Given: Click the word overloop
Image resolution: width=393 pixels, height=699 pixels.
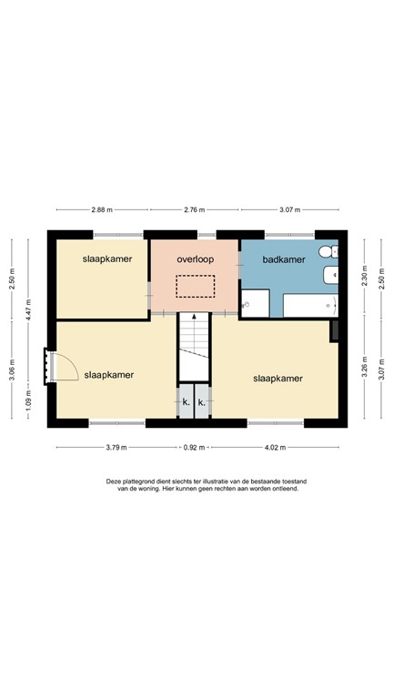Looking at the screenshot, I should point(195,258).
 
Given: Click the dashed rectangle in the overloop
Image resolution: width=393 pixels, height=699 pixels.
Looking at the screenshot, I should point(195,287).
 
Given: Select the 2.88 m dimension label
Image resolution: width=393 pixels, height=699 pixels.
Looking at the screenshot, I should point(101,210).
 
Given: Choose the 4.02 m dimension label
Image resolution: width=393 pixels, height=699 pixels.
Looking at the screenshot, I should point(275,448).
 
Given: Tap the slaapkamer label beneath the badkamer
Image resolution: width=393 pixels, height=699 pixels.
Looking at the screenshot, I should point(278,378).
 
